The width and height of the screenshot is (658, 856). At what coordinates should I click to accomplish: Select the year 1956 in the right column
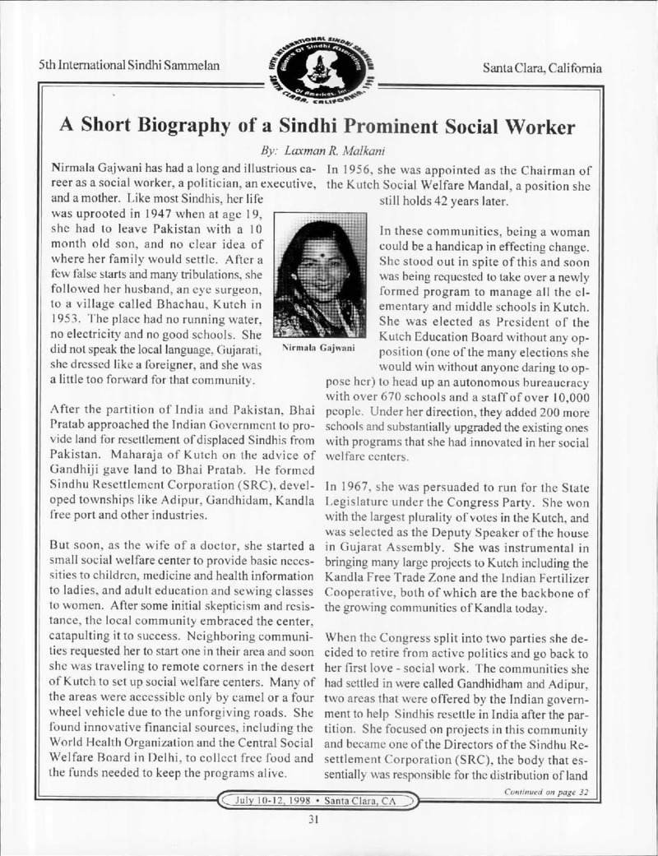pyautogui.click(x=373, y=169)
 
